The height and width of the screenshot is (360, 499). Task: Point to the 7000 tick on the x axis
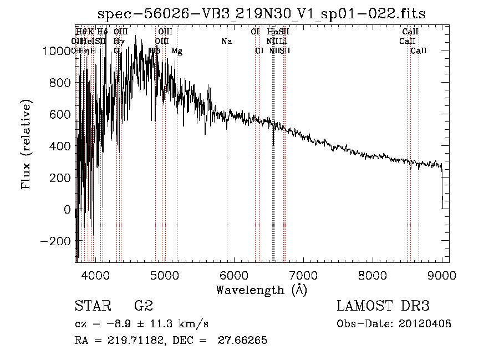pyautogui.click(x=303, y=275)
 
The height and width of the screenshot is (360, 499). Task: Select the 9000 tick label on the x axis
pyautogui.click(x=442, y=275)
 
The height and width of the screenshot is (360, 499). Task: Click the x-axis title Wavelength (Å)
pyautogui.click(x=261, y=290)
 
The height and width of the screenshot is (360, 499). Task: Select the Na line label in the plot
pyautogui.click(x=226, y=42)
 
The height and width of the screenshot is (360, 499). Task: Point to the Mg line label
pyautogui.click(x=177, y=51)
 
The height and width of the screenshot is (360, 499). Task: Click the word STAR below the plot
pyautogui.click(x=93, y=306)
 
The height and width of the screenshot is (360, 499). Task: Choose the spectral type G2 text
pyautogui.click(x=143, y=306)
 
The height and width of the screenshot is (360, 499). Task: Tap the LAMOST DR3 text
pyautogui.click(x=383, y=306)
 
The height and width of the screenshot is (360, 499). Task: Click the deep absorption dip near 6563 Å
pyautogui.click(x=273, y=142)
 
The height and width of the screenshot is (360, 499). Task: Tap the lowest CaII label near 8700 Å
pyautogui.click(x=419, y=51)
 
